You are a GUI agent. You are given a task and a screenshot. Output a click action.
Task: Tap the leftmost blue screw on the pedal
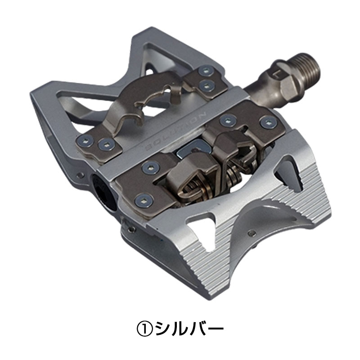pos(85,139)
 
